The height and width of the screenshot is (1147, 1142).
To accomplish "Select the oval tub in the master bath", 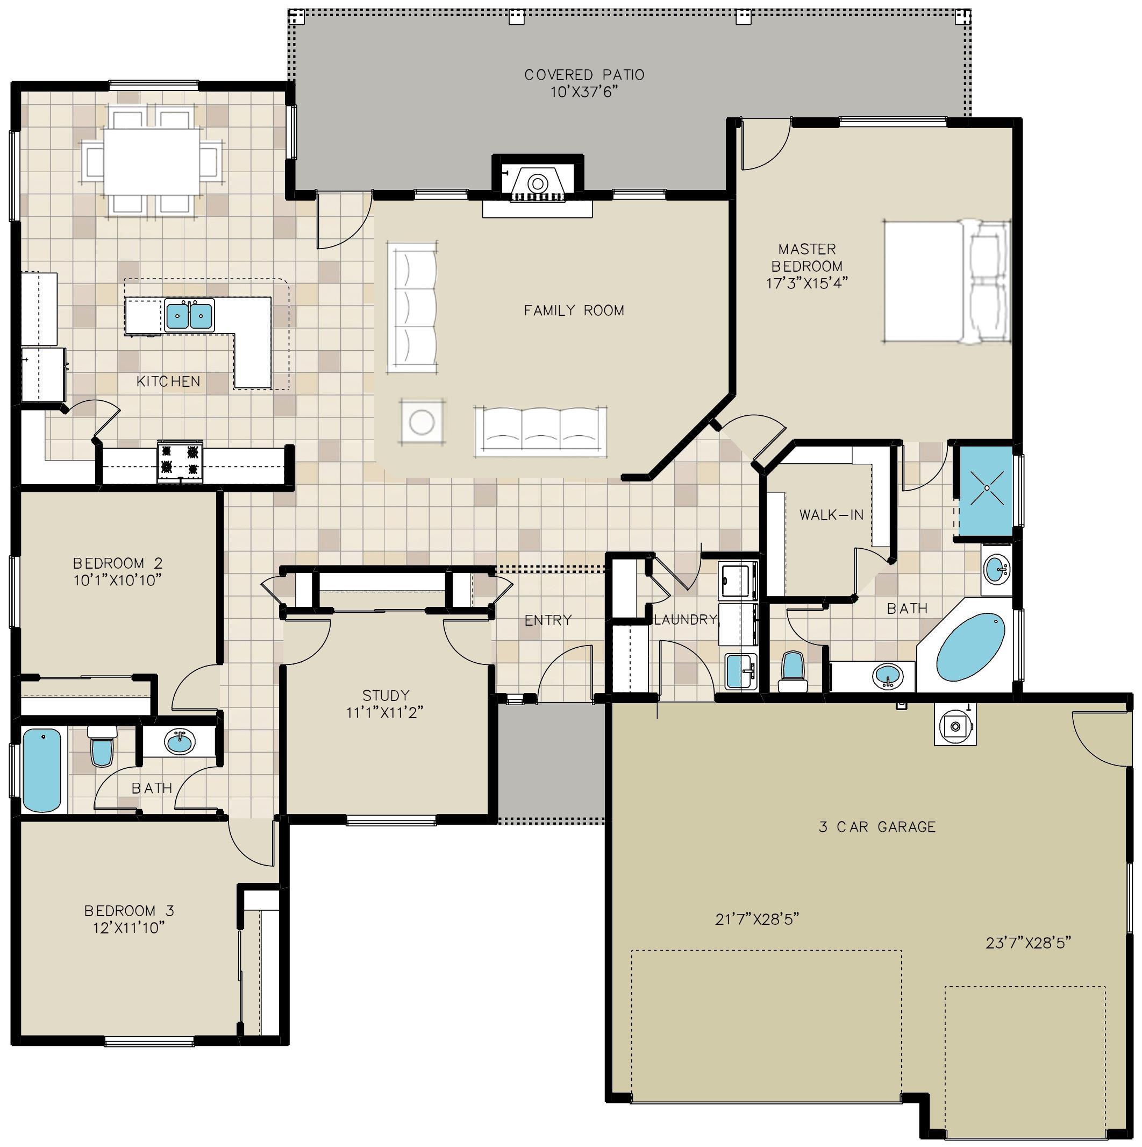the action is (x=970, y=647).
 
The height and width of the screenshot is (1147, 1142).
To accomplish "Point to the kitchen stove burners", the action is (x=180, y=461).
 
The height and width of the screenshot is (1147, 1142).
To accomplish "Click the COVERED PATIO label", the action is (x=584, y=75).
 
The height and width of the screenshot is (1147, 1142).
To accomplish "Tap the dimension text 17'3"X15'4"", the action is (x=807, y=283).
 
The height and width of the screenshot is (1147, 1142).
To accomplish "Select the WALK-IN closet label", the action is (x=831, y=515).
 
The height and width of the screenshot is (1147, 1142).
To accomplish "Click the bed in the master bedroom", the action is (x=947, y=281).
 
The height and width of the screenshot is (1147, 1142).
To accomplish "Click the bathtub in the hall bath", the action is (x=42, y=770).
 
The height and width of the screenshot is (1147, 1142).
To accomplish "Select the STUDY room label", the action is (x=386, y=695).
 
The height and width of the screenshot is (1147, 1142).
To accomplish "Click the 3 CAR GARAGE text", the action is (x=877, y=827).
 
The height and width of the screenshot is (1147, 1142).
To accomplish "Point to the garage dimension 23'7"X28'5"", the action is (x=1028, y=943).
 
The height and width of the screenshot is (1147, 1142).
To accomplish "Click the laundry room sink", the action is (x=740, y=671).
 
